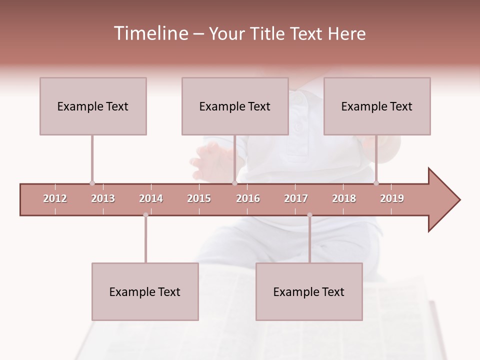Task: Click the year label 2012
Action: click(x=55, y=198)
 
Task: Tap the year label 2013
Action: click(x=103, y=198)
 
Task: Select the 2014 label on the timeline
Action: click(x=151, y=198)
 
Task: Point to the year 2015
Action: click(x=199, y=198)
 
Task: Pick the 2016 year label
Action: click(x=248, y=198)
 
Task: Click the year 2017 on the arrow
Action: click(x=296, y=198)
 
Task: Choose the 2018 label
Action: click(x=344, y=198)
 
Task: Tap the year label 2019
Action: click(x=392, y=198)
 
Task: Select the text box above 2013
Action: click(x=93, y=106)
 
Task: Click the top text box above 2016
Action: click(x=235, y=106)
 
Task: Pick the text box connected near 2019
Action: click(x=377, y=106)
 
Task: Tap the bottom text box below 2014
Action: click(x=145, y=292)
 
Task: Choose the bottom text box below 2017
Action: click(x=309, y=292)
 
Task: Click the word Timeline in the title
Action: click(x=150, y=33)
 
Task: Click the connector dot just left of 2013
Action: click(x=92, y=183)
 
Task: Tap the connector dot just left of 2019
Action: click(x=376, y=183)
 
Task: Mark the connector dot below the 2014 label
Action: click(x=145, y=215)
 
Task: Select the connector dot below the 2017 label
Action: click(x=309, y=215)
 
